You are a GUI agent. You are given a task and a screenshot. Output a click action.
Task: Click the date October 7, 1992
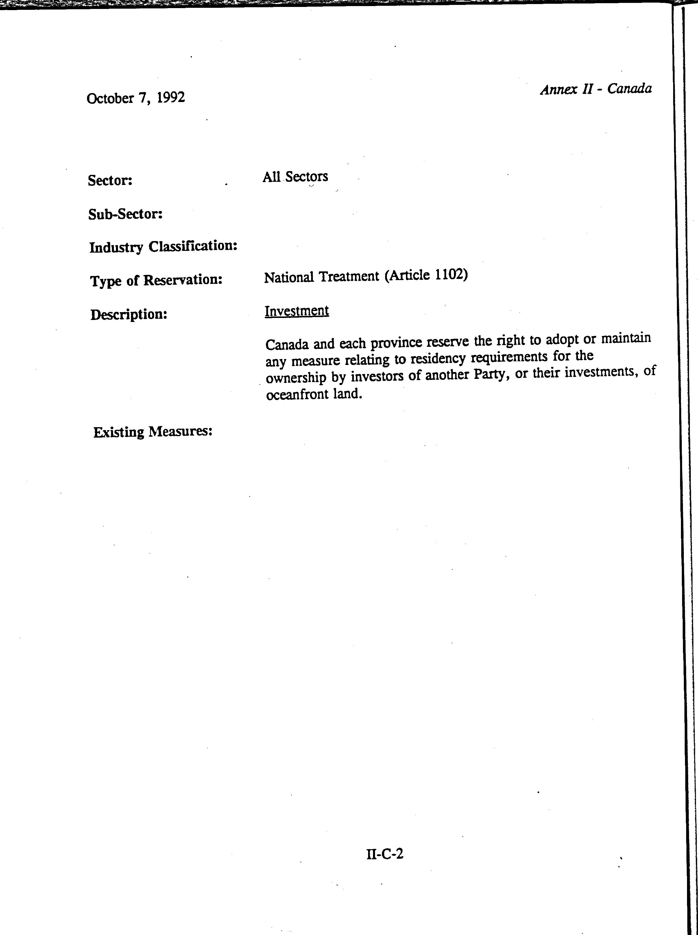(136, 98)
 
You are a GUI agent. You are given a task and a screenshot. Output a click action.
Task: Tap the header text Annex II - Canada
(596, 89)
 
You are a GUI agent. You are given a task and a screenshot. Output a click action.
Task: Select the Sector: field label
(110, 180)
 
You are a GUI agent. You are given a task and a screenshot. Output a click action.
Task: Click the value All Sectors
(295, 177)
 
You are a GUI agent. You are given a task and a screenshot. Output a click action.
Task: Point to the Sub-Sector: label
(125, 214)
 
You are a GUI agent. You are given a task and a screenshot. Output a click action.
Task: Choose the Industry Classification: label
(163, 246)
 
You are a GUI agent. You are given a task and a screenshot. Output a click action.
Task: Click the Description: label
(129, 314)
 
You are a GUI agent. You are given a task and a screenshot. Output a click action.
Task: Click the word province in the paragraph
(396, 343)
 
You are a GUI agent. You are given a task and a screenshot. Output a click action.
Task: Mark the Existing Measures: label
(153, 432)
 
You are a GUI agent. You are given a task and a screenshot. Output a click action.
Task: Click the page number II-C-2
(385, 853)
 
